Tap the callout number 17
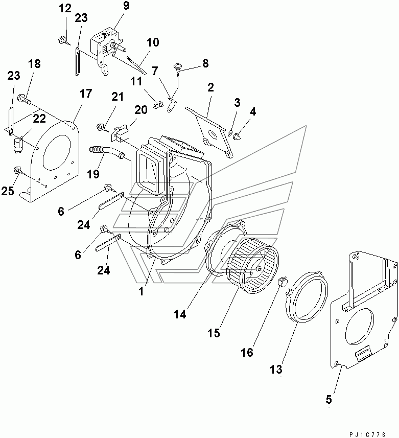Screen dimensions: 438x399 [85, 94]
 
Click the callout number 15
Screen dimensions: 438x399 [214, 333]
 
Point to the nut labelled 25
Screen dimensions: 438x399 [18, 170]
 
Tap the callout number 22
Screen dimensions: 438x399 [39, 119]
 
